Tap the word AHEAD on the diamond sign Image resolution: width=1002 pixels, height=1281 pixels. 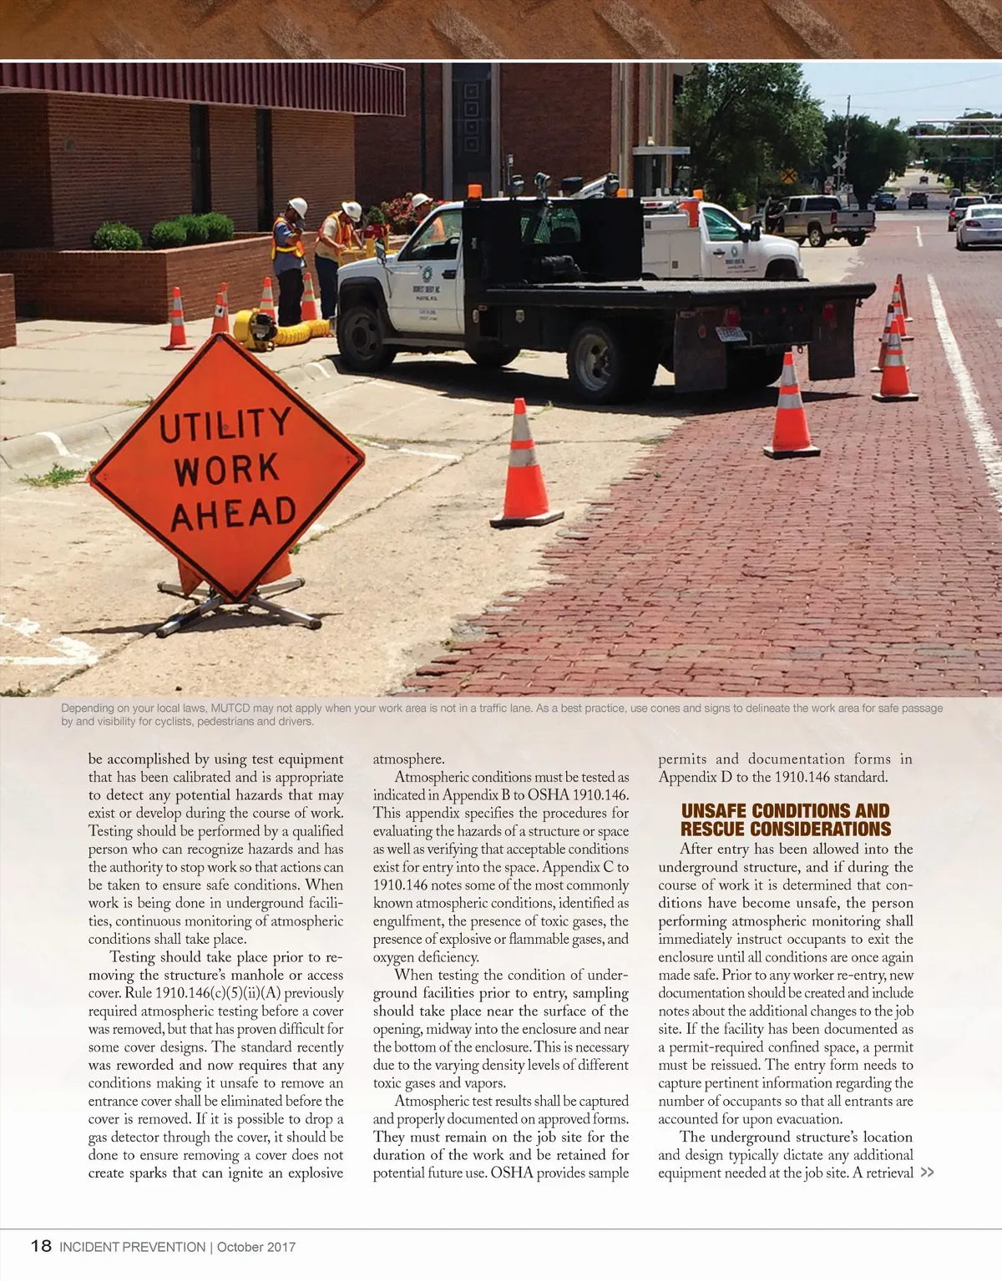234,513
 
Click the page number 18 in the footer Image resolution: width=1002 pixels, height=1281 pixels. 41,1246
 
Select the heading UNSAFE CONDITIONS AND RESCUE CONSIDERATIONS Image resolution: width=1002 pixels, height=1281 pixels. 785,820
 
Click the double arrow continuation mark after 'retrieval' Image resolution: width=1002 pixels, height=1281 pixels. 927,1173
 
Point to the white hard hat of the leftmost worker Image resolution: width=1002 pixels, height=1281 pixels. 298,206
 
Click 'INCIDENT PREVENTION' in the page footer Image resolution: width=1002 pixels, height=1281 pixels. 132,1247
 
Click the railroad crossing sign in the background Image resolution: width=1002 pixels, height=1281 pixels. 838,160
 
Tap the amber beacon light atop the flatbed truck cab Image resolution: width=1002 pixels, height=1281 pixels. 474,191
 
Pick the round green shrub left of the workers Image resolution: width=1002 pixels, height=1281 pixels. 117,236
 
